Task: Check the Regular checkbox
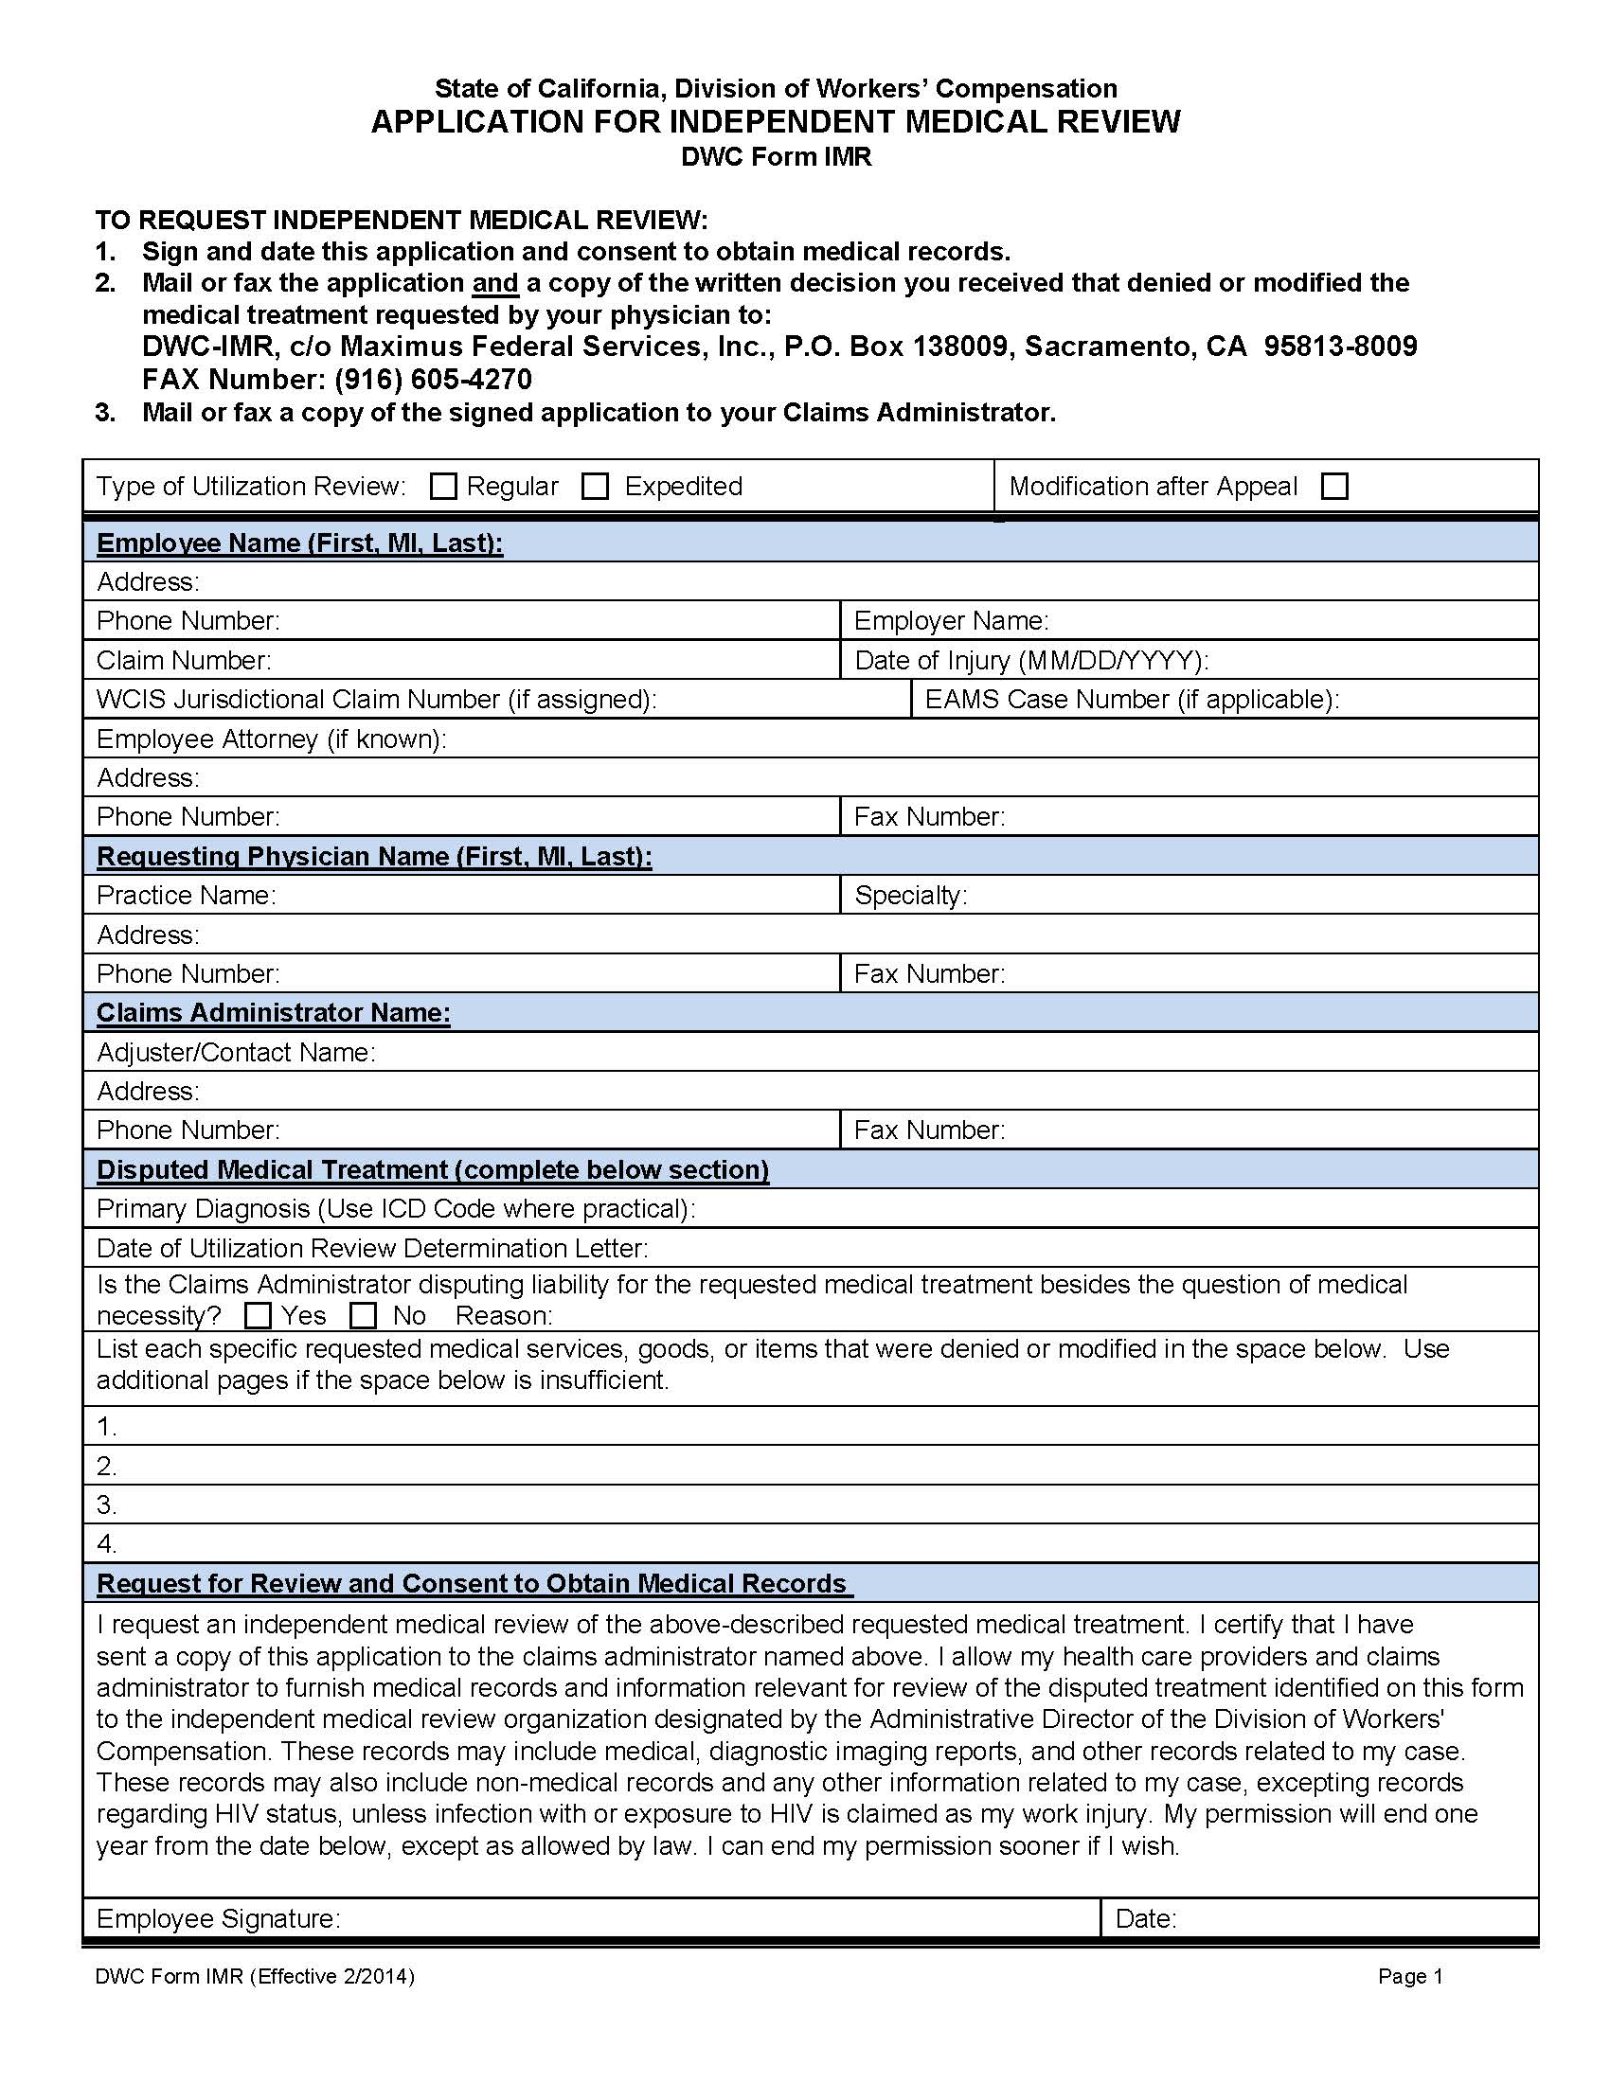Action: click(x=443, y=487)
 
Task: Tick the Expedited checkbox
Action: click(x=595, y=487)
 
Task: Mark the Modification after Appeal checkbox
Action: click(x=1334, y=487)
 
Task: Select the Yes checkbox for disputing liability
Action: click(x=258, y=1316)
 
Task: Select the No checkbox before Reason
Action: click(x=364, y=1316)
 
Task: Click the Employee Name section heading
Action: click(x=299, y=543)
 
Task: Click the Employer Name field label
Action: click(x=951, y=621)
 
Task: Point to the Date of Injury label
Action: click(x=1031, y=660)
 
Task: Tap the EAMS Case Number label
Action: click(x=1131, y=699)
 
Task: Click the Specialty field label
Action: click(x=910, y=895)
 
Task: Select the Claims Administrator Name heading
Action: click(x=273, y=1012)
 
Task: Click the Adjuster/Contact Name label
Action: click(x=236, y=1052)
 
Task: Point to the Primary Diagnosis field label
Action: click(x=395, y=1208)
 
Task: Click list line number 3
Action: click(x=107, y=1505)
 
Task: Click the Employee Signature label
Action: click(x=219, y=1918)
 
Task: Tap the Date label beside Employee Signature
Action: click(x=1146, y=1918)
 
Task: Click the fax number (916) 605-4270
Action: click(x=433, y=380)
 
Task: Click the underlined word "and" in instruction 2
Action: click(x=495, y=283)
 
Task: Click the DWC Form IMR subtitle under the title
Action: click(x=776, y=156)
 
